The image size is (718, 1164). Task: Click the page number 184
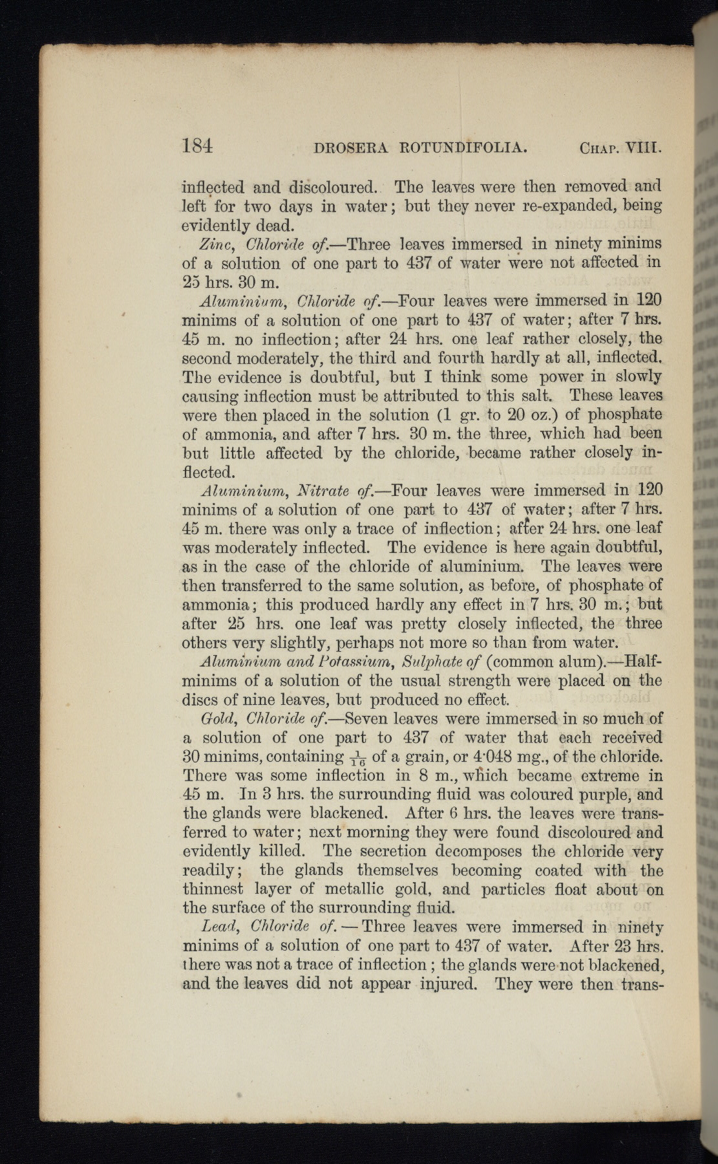coord(197,146)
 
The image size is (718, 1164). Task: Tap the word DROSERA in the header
coord(350,148)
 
